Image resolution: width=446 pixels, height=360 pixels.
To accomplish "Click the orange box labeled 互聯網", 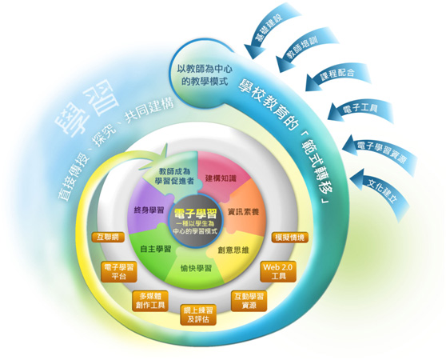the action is click(108, 237).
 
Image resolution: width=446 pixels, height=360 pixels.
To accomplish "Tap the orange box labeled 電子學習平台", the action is click(119, 272).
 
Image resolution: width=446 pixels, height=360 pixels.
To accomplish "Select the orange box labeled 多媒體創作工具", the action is click(150, 301).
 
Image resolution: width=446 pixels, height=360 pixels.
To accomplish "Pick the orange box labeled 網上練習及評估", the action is click(198, 314).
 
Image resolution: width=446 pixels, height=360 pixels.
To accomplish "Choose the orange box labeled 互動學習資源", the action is click(249, 301).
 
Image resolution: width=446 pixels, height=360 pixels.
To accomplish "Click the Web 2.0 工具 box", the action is click(278, 271).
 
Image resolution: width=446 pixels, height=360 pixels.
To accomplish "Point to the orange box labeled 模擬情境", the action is click(290, 238).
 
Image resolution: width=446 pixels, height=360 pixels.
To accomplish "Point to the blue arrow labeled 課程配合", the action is click(337, 74).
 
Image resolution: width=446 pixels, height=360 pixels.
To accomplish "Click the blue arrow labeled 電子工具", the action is click(360, 110).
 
